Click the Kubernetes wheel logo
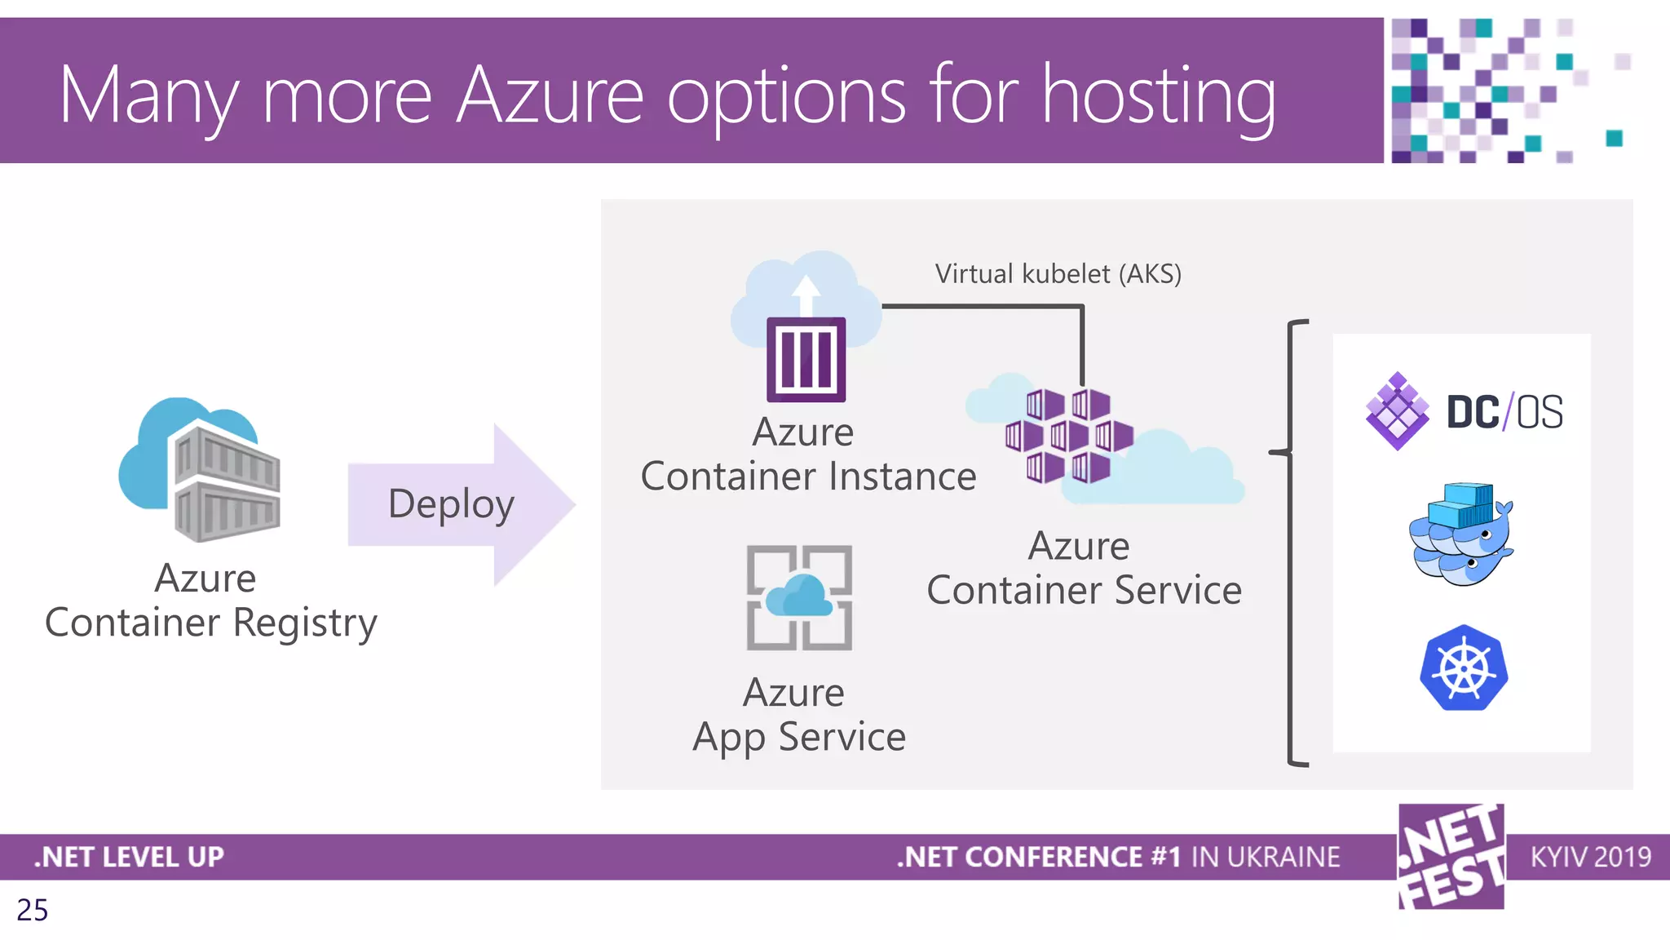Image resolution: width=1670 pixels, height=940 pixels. point(1464,668)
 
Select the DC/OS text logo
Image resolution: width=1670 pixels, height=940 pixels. point(1504,412)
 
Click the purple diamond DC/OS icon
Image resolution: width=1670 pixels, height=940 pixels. point(1397,410)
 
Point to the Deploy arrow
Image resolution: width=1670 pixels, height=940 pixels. point(461,504)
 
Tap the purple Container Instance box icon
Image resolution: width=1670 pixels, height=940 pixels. point(806,359)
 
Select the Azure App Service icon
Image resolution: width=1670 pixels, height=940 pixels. point(799,597)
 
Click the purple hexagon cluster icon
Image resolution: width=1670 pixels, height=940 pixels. point(1068,437)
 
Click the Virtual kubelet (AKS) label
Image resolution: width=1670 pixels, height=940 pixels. point(1058,274)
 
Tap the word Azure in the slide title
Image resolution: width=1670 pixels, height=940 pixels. point(550,96)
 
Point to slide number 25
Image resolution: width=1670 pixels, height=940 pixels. point(33,910)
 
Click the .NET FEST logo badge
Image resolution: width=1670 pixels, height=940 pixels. point(1451,856)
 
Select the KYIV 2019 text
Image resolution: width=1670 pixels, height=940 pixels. point(1590,857)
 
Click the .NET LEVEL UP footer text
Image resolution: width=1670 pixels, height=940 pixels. point(129,857)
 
